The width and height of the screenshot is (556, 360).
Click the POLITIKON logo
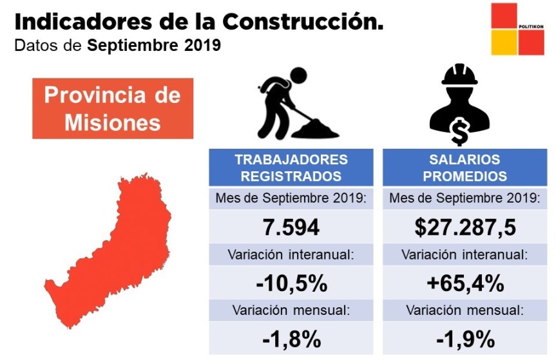click(517, 30)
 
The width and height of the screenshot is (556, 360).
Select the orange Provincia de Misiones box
click(113, 108)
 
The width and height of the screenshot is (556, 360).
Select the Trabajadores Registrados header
click(291, 167)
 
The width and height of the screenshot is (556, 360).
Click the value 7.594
click(291, 227)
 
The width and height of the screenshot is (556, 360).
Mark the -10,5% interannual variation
click(291, 283)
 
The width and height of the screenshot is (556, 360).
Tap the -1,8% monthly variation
click(291, 338)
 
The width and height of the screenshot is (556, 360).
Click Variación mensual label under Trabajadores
click(291, 310)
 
